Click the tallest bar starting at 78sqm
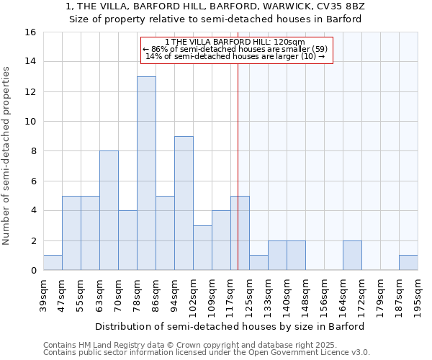(x=146, y=174)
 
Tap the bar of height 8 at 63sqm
(x=109, y=210)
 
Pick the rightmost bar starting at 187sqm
(x=408, y=263)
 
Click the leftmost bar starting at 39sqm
(x=53, y=263)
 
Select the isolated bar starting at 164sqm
(x=352, y=256)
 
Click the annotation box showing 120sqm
(x=236, y=49)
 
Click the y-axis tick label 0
(x=32, y=271)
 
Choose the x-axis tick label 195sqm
(x=418, y=297)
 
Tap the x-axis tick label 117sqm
(x=230, y=297)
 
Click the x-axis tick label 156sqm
(x=324, y=297)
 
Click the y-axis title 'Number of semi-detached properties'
(x=7, y=156)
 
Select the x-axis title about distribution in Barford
(x=230, y=326)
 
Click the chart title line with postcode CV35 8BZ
(x=215, y=6)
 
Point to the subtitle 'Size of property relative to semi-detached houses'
(x=215, y=19)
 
